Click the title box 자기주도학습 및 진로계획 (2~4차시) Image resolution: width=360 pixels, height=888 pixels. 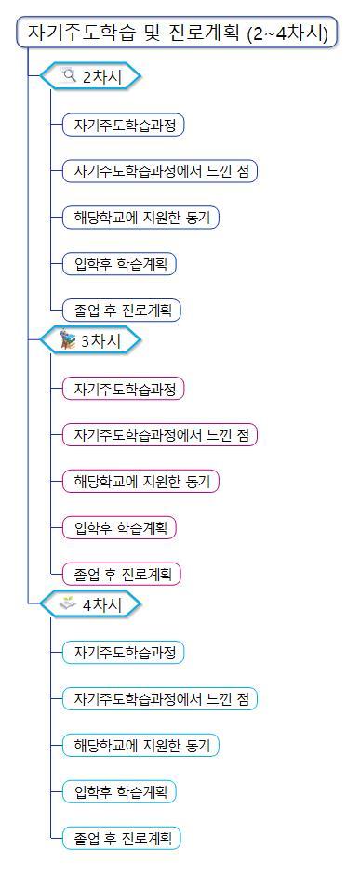click(x=177, y=34)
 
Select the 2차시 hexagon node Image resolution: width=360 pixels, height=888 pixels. click(x=91, y=77)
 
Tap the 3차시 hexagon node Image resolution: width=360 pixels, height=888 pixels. click(x=91, y=341)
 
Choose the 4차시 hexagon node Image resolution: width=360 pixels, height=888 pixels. click(x=91, y=604)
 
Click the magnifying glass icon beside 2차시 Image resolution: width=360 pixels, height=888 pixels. click(x=69, y=76)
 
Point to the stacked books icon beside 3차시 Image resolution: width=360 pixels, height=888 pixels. click(x=68, y=340)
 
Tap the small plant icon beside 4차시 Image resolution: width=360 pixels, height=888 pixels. click(x=68, y=603)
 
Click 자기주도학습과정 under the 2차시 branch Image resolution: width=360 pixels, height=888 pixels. click(x=124, y=125)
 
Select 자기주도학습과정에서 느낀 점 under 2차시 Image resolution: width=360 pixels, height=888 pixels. click(x=159, y=171)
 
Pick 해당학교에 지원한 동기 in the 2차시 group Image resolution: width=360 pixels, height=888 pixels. click(x=140, y=218)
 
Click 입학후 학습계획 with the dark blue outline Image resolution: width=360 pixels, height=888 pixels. click(x=119, y=264)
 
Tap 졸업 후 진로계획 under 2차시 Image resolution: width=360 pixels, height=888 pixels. click(x=121, y=311)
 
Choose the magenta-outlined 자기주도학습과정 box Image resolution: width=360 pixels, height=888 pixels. click(x=124, y=388)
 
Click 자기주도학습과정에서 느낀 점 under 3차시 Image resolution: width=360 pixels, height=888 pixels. click(x=159, y=434)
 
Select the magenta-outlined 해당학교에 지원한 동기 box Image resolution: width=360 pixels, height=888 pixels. click(x=140, y=482)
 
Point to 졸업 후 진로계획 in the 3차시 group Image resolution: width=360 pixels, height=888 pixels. click(x=121, y=574)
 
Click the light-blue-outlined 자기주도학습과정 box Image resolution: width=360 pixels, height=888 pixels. click(x=124, y=652)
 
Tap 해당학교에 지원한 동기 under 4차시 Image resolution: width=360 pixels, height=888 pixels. click(x=140, y=745)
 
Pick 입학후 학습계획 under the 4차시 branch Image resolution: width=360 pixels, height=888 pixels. click(x=119, y=791)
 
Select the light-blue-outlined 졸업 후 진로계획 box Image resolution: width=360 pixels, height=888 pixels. click(x=121, y=838)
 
